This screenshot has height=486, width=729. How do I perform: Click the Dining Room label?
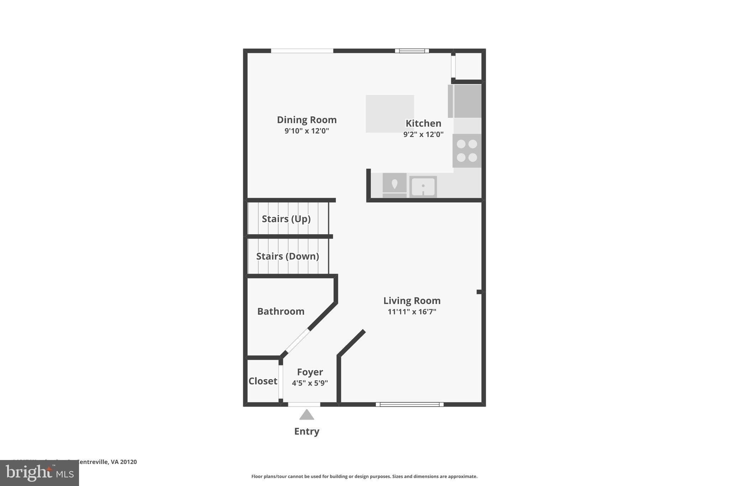click(x=306, y=120)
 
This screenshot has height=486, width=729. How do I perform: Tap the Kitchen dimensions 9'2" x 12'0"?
click(x=423, y=135)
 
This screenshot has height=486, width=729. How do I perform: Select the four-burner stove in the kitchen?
click(x=467, y=151)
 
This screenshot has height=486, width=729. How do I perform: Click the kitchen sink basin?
click(x=423, y=187)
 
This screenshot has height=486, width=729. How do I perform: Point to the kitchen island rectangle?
click(x=390, y=114)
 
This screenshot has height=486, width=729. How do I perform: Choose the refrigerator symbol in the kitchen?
click(x=465, y=101)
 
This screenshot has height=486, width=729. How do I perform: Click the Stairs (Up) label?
click(x=286, y=219)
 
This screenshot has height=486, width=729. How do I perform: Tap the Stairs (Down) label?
click(x=287, y=256)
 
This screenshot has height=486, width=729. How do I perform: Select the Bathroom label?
click(x=280, y=312)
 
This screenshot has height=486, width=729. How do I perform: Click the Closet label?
click(x=263, y=381)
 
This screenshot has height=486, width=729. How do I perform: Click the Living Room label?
click(x=412, y=301)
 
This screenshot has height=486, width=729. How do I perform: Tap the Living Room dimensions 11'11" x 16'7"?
click(x=412, y=312)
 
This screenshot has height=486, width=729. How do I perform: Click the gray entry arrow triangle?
click(x=306, y=415)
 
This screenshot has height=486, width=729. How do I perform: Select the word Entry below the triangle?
click(x=306, y=432)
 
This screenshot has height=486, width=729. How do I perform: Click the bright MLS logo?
click(x=39, y=473)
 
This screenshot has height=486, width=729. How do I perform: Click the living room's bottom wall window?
click(x=410, y=404)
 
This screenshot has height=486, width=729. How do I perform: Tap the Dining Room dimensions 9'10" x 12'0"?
click(x=306, y=131)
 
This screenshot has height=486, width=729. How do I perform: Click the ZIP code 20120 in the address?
click(x=129, y=462)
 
